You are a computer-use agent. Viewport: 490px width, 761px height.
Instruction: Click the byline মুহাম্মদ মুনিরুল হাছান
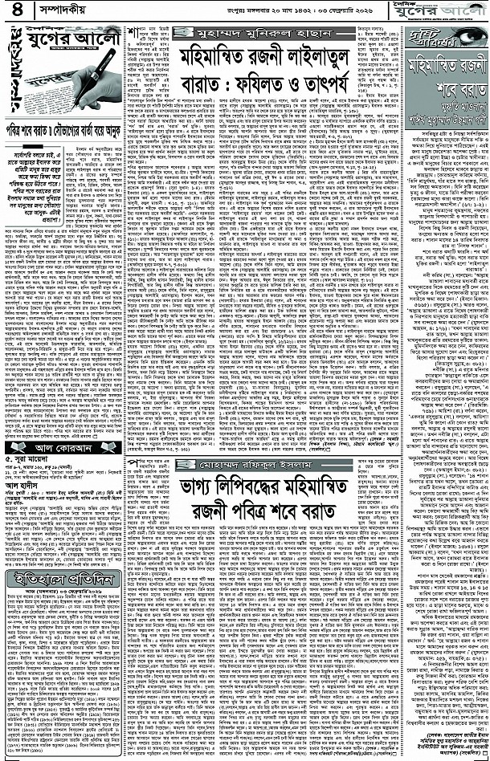(x=253, y=36)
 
